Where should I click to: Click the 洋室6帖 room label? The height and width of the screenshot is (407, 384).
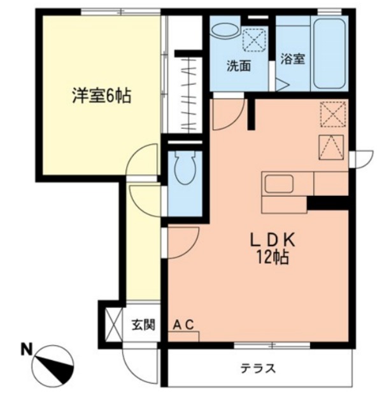click(101, 97)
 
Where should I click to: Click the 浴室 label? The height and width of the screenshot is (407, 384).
click(292, 60)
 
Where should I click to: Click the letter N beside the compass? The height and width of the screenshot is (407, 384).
click(26, 348)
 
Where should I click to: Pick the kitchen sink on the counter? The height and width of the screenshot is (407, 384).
click(279, 184)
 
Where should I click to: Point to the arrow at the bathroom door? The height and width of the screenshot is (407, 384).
click(282, 83)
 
